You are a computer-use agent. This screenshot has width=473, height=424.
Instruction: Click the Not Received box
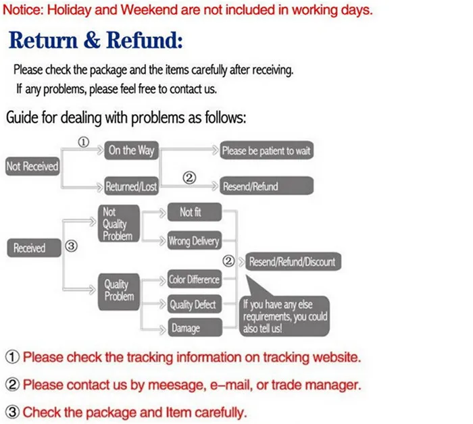(32, 166)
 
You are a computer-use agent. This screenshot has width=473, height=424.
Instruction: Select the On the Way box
(131, 151)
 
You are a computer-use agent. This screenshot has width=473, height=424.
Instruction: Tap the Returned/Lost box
(131, 186)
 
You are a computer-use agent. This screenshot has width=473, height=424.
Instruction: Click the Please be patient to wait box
(266, 151)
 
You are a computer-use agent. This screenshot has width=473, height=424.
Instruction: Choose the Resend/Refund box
(266, 186)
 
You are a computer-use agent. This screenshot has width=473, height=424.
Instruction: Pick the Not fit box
(191, 213)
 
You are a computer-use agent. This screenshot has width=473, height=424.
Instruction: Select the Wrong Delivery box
(193, 241)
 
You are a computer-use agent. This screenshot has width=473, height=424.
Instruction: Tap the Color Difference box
(194, 280)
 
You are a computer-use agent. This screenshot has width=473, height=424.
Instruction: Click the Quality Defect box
(193, 304)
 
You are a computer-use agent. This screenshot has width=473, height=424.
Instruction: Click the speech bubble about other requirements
(285, 314)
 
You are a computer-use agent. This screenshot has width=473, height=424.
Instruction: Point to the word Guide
(22, 117)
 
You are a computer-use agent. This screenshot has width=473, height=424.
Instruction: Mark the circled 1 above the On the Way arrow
(83, 142)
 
